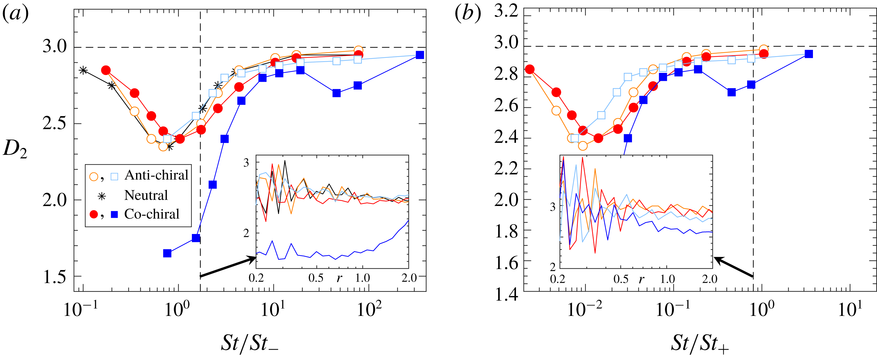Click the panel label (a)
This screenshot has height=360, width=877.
[15, 14]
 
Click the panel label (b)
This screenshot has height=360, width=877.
[468, 14]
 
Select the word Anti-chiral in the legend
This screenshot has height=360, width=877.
[156, 175]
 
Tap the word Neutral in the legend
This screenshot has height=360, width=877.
[146, 195]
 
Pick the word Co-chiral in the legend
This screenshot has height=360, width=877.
[152, 214]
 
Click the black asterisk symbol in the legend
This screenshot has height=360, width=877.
[102, 196]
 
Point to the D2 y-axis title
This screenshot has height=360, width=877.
[15, 149]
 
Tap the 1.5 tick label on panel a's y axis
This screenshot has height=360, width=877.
[55, 276]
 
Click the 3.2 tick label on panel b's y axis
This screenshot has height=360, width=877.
[506, 12]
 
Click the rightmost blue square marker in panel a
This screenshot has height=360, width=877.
[420, 55]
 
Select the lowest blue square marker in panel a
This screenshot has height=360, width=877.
[167, 253]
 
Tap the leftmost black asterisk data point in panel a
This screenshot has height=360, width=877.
[83, 71]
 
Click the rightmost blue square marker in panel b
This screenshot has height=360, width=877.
[809, 54]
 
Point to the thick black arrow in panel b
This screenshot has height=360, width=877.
[734, 267]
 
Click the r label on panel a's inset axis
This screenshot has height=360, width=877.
[339, 278]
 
